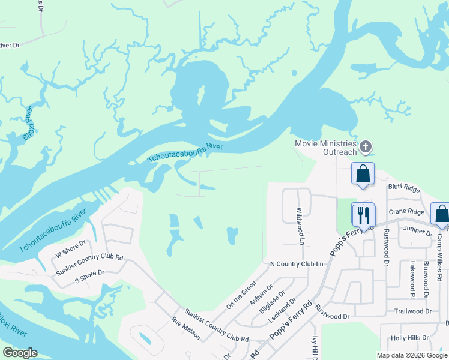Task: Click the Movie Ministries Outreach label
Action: click(x=325, y=148)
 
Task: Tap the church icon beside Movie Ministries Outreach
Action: click(x=366, y=147)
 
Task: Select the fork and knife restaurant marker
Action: click(x=363, y=215)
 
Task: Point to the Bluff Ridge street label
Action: click(x=404, y=187)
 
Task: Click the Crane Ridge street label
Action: click(x=406, y=212)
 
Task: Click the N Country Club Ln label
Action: click(x=297, y=264)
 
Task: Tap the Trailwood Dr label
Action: click(x=413, y=311)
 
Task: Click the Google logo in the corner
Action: click(x=20, y=353)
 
